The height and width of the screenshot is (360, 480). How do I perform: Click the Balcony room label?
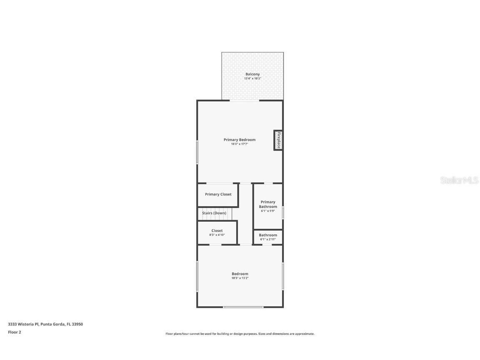click(x=252, y=74)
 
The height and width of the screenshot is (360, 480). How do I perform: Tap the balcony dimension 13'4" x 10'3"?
click(x=252, y=78)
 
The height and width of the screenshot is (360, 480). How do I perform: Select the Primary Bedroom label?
click(x=240, y=140)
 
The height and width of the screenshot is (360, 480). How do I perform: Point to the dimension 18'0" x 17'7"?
click(x=240, y=144)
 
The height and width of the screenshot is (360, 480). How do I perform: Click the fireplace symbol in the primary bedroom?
click(x=278, y=140)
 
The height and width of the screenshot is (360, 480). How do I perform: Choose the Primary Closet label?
click(x=218, y=194)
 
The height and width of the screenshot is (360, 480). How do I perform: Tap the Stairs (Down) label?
click(x=214, y=213)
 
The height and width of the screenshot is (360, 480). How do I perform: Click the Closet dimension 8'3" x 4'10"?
click(x=217, y=235)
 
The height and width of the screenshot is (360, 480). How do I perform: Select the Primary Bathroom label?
click(x=268, y=204)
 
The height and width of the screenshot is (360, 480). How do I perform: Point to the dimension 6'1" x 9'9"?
click(x=268, y=211)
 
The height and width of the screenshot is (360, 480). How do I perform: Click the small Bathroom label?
click(x=268, y=235)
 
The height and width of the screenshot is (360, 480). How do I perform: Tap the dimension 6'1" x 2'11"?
click(x=268, y=239)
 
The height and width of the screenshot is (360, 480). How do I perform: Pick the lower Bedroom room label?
click(x=240, y=274)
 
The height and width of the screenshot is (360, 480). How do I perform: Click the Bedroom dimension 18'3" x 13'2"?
click(x=240, y=278)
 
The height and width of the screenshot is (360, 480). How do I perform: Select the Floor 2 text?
click(x=14, y=332)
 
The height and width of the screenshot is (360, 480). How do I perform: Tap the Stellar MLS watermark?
click(x=460, y=180)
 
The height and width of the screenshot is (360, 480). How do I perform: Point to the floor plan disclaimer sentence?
click(x=240, y=334)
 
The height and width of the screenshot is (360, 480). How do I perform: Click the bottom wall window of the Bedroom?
click(x=243, y=307)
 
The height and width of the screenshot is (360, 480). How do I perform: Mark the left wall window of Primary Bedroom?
click(x=197, y=152)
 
